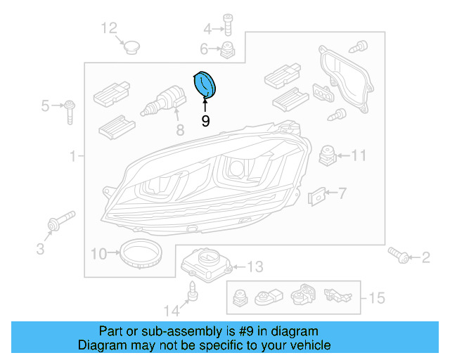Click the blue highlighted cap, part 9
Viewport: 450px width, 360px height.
tap(205, 86)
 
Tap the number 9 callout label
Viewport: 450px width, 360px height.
tap(205, 121)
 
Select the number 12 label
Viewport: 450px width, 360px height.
tap(109, 28)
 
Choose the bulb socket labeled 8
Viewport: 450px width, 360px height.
tap(162, 103)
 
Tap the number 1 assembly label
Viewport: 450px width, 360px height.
tap(72, 156)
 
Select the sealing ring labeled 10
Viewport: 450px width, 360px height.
tap(138, 252)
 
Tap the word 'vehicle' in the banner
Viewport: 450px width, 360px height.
tap(309, 345)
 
